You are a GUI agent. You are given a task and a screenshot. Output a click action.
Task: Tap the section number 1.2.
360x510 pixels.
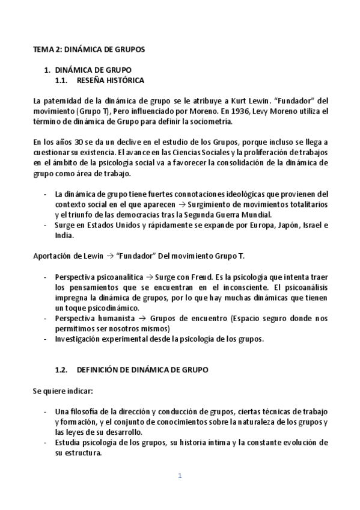[x=63, y=370]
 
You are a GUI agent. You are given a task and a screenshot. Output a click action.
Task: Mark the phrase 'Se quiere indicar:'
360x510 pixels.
[x=63, y=391]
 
